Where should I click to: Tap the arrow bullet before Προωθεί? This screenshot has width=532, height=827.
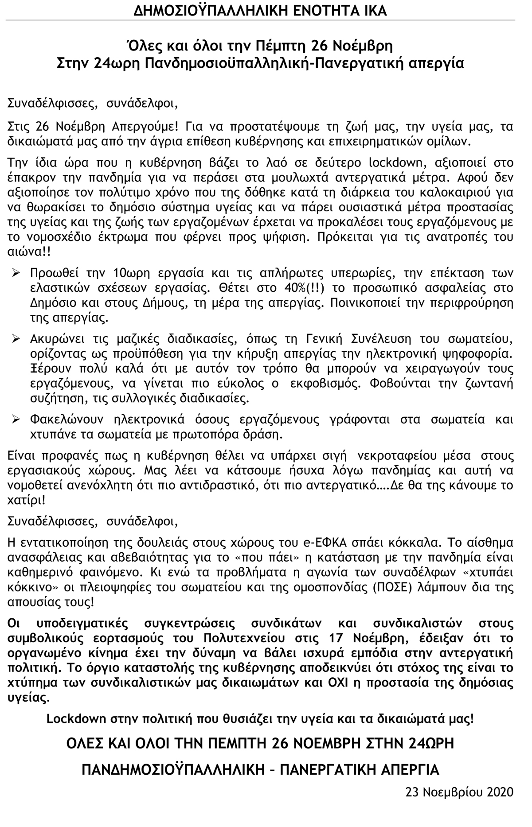tap(17, 273)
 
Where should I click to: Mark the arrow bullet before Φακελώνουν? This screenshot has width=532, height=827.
tap(17, 419)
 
